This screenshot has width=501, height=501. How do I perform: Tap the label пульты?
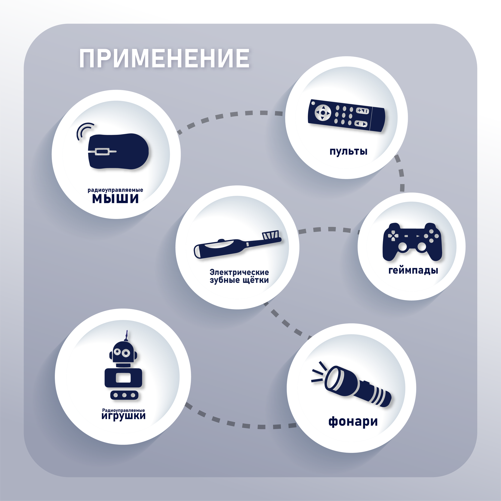click(348, 151)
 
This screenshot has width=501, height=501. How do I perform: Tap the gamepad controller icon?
click(412, 241)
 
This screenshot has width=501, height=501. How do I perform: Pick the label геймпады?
click(413, 271)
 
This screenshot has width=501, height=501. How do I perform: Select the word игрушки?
click(123, 416)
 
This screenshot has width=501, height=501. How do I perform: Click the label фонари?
click(353, 421)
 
